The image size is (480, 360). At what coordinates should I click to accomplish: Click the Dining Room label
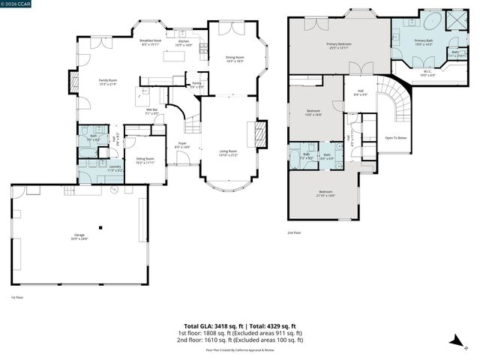click(235, 58)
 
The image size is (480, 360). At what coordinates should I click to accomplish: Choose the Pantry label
click(196, 85)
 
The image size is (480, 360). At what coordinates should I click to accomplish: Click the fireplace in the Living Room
click(261, 135)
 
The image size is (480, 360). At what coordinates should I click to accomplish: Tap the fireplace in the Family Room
click(73, 82)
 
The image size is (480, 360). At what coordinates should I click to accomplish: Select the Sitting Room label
click(145, 160)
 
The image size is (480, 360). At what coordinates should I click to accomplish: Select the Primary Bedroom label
click(339, 46)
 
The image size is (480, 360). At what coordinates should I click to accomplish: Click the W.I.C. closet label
click(427, 73)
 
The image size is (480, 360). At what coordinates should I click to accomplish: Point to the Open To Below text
click(396, 138)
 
